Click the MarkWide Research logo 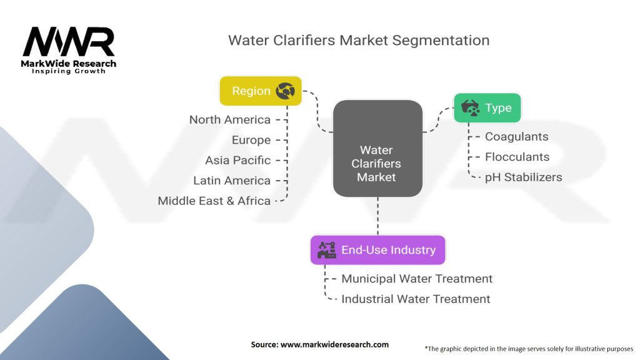tap(69, 50)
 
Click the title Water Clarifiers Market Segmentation tap(358, 41)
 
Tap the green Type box tap(487, 108)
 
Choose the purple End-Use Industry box tap(377, 250)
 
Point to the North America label tap(230, 119)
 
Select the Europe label tap(251, 140)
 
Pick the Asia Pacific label tap(237, 160)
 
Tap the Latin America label tap(232, 181)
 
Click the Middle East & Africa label tap(214, 201)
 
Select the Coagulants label tap(516, 136)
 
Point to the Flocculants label tap(517, 157)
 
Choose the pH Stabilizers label tap(523, 177)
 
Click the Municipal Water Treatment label tap(417, 279)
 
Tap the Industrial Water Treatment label tap(416, 299)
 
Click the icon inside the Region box tap(286, 91)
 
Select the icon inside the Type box tap(471, 108)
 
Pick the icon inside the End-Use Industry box tap(327, 250)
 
